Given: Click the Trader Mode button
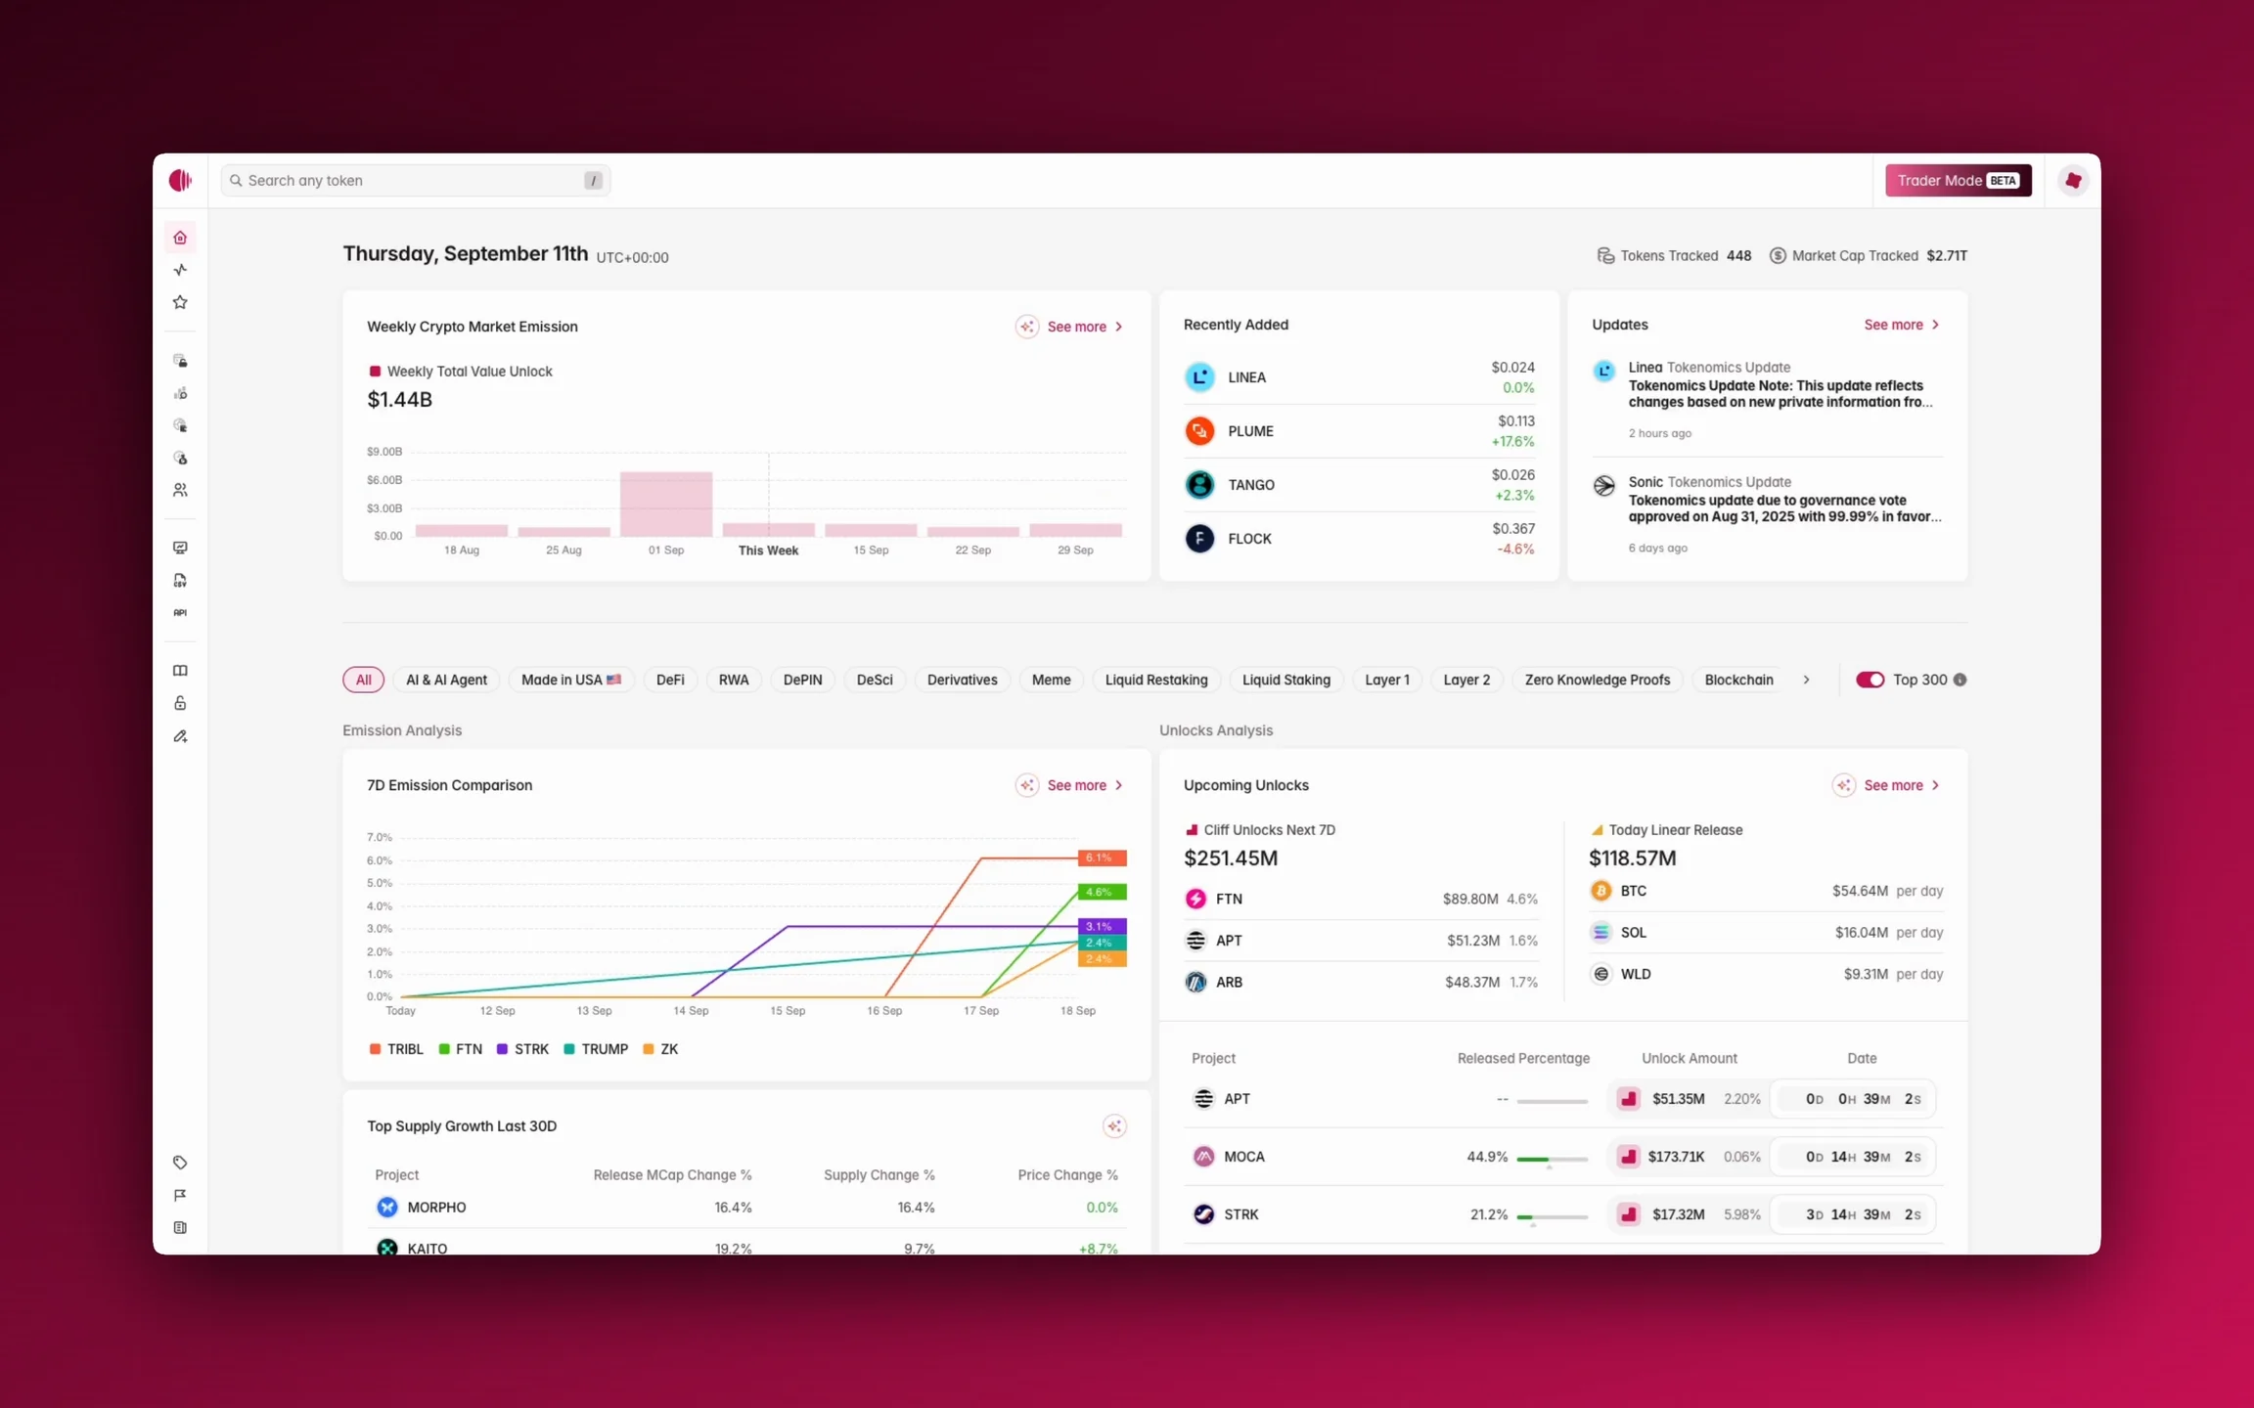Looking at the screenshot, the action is (1958, 180).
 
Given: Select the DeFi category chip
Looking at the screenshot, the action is (670, 680).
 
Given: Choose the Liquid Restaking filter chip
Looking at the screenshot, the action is (1156, 680).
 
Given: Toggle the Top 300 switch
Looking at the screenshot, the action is (1870, 680).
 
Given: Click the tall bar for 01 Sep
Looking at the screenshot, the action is (666, 504).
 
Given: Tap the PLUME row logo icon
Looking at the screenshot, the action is (1199, 430).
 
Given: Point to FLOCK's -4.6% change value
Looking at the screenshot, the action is (1515, 550).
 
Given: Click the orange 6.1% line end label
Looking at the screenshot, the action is (1102, 858).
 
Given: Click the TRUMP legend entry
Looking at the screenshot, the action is (596, 1049).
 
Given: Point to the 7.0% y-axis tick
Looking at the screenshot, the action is (380, 837).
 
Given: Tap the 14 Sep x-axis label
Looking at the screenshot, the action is (691, 1010).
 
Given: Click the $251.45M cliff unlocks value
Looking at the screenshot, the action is (1231, 858).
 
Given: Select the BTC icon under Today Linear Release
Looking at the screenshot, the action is (1600, 891).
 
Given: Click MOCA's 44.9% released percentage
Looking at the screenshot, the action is (1487, 1157).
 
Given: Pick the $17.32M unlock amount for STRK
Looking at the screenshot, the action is (1679, 1214).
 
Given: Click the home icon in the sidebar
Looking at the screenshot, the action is (180, 238).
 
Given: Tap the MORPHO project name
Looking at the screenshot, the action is (436, 1208).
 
